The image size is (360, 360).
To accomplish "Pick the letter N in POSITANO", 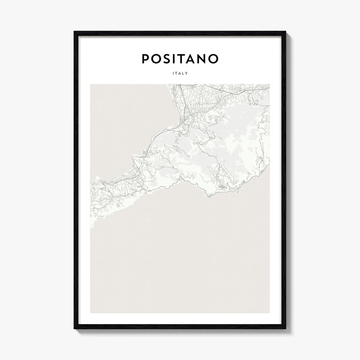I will pos(201,59).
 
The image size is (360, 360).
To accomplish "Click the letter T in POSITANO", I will pos(181,59).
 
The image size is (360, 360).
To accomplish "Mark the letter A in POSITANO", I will pos(191,59).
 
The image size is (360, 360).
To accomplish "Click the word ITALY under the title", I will pos(180,73).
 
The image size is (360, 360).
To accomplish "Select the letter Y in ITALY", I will pos(186,73).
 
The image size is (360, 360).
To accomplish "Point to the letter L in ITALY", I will pos(183,73).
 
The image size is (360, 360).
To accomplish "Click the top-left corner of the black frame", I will pos(75,32).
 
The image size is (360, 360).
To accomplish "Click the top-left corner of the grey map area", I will pos(90,84).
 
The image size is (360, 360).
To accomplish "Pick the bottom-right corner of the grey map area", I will pos(270,313).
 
